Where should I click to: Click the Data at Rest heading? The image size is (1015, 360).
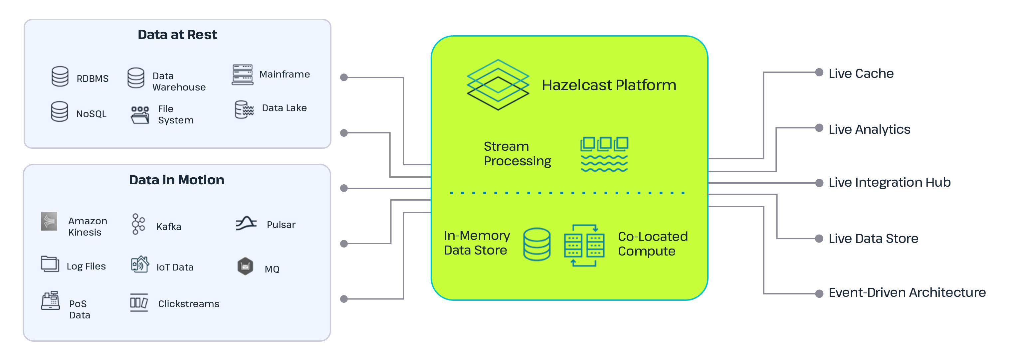177,35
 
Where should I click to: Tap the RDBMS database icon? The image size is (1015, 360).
60,77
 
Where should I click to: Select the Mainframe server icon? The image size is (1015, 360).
242,75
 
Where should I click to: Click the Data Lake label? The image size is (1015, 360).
284,108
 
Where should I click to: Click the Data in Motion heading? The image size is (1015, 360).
176,180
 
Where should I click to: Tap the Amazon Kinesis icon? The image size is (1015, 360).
49,221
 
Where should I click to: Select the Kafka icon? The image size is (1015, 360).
138,224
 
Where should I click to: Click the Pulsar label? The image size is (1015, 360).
281,225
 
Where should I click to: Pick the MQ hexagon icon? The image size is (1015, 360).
245,267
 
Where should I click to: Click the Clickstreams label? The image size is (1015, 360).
189,304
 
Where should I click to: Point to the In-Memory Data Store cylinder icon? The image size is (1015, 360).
537,244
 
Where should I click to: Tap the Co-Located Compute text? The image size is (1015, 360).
653,244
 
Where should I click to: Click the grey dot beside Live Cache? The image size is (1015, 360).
819,73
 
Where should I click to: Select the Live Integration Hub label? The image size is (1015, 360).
889,182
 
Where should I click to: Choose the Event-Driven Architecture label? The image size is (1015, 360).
907,293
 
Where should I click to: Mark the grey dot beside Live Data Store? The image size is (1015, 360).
819,238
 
